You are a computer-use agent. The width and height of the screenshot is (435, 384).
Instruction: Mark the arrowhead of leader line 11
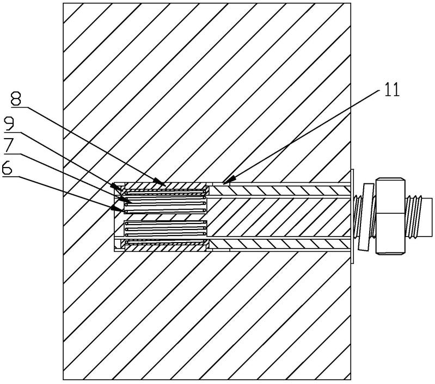pos(225,182)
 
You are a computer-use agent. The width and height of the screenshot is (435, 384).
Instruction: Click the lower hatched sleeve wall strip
pos(278,245)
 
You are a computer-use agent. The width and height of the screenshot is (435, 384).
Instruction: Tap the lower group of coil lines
pos(165,231)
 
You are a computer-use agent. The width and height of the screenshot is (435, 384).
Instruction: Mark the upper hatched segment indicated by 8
pos(166,184)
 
